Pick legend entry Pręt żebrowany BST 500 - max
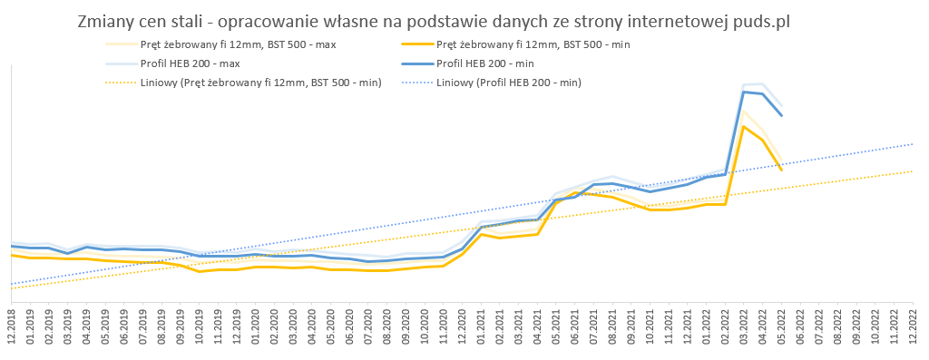click(221, 44)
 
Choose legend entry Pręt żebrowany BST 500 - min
click(515, 44)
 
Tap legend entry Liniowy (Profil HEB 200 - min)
click(491, 83)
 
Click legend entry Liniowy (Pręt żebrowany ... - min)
click(243, 83)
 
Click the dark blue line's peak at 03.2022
click(744, 92)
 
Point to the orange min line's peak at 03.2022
click(744, 126)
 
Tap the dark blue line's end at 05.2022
click(781, 115)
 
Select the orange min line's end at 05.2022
click(781, 170)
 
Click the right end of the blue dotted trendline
click(913, 143)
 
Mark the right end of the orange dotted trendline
click(913, 170)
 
